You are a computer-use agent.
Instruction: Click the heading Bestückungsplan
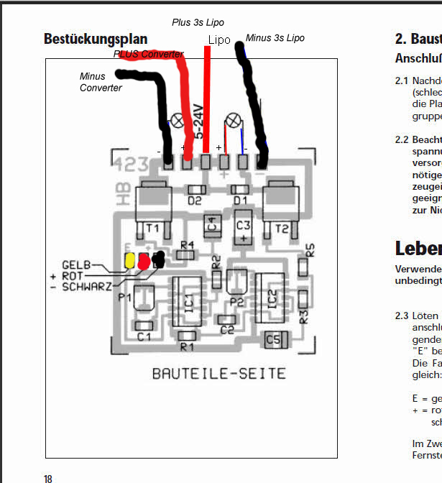point(96,39)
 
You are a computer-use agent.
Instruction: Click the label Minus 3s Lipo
point(275,37)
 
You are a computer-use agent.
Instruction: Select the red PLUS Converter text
point(148,54)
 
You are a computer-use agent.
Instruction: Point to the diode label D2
point(195,201)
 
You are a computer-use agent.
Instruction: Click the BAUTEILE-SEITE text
point(218,374)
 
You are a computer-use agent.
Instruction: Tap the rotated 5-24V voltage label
point(199,119)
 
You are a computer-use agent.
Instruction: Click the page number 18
point(48,479)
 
